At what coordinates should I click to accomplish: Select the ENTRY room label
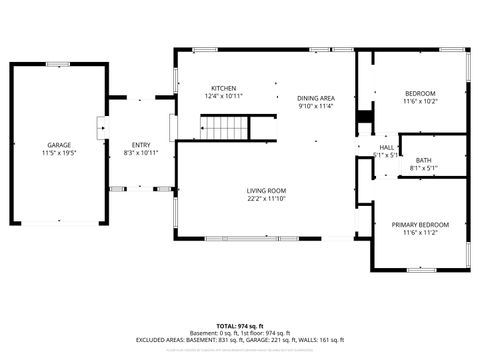point(140,145)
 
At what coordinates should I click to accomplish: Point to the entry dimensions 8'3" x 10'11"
point(140,154)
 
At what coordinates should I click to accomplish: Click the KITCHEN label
point(224,88)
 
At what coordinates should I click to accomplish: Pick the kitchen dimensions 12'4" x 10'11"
point(224,97)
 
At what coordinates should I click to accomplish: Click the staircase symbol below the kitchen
point(226,128)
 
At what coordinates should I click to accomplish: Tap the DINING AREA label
point(315,98)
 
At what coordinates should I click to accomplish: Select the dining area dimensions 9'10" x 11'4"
point(315,107)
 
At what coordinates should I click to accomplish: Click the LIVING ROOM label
point(267,190)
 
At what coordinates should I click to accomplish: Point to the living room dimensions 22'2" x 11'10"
point(267,199)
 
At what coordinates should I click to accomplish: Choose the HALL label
point(386,147)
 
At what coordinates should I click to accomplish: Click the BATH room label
point(424,160)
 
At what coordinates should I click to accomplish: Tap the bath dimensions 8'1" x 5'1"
point(424,169)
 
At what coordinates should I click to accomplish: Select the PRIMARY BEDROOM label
point(420,224)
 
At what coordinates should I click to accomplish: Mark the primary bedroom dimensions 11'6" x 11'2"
point(420,233)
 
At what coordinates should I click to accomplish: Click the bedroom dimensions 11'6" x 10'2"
point(420,101)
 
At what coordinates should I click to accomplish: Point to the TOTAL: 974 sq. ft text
point(239,326)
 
